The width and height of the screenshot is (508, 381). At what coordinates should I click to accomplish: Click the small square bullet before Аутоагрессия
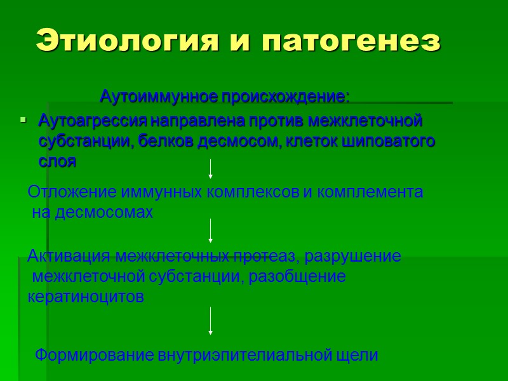point(23,119)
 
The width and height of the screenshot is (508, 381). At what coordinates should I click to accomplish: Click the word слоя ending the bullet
point(57,161)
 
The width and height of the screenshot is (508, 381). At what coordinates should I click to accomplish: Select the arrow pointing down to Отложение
point(210,168)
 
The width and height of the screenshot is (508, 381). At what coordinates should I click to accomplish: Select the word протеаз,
point(273,256)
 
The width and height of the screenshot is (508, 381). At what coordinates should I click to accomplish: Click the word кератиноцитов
point(86,297)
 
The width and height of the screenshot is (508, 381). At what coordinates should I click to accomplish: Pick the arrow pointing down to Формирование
point(210,321)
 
